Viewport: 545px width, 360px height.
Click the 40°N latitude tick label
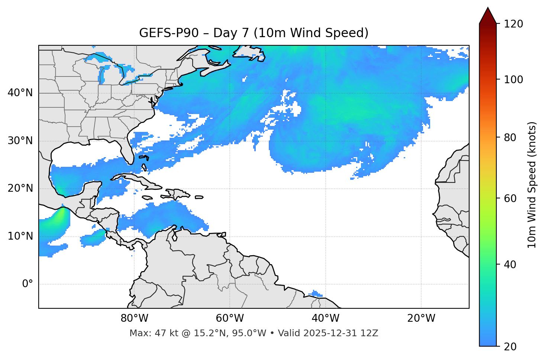tap(20, 93)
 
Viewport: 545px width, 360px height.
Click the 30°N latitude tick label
tap(20, 141)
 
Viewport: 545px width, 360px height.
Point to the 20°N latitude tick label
tap(20, 188)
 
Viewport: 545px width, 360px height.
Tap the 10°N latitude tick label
tap(20, 236)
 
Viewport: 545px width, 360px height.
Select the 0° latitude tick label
tap(28, 284)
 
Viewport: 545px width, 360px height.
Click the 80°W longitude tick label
tap(134, 318)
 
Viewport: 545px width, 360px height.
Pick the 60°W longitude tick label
tap(230, 318)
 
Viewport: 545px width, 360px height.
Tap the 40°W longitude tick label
tap(325, 318)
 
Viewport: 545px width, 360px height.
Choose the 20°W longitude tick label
tap(421, 318)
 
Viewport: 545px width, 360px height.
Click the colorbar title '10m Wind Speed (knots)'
tap(532, 185)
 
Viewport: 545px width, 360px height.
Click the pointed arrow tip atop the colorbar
tap(488, 8)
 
